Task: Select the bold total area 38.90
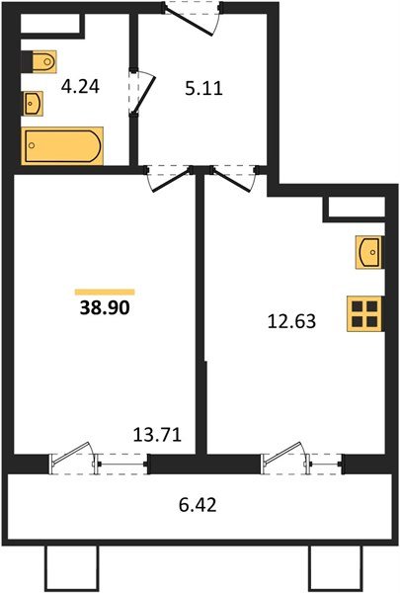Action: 105,307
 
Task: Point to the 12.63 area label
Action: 292,319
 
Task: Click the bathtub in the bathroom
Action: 61,145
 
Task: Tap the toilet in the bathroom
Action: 40,62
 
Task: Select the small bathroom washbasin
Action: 33,101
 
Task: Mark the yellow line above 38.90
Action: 105,291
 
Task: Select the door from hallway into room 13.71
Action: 169,179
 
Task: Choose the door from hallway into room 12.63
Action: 233,179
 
